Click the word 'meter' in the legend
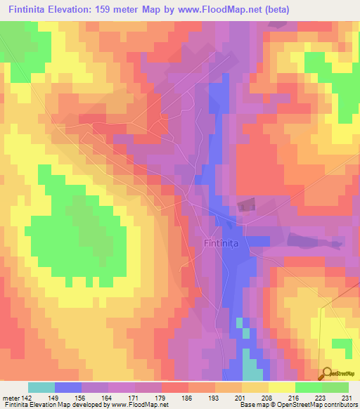[x=10, y=398]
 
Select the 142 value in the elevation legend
[x=27, y=398]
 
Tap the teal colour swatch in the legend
[x=41, y=387]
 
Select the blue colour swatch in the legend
[x=68, y=387]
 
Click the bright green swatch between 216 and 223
[x=308, y=387]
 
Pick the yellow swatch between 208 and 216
[x=281, y=387]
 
